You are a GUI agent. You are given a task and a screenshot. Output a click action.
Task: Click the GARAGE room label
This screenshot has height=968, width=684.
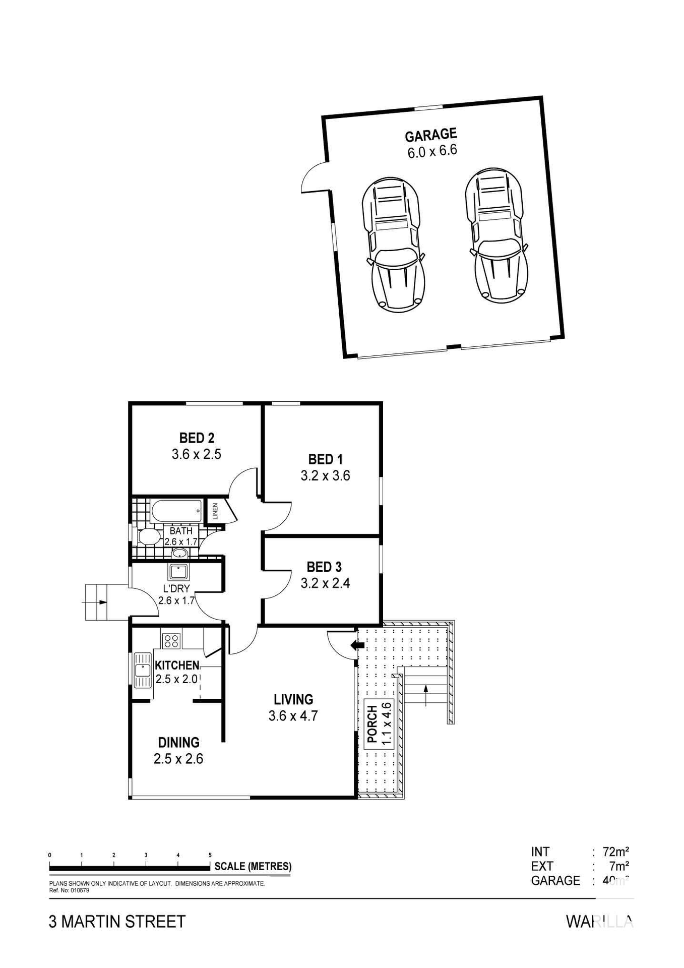[430, 135]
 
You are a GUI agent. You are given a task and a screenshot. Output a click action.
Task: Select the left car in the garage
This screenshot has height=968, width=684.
[394, 245]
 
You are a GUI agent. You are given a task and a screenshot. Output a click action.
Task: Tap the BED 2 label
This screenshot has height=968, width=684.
[197, 438]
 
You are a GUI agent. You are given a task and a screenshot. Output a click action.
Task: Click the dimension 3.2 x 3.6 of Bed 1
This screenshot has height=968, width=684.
[325, 475]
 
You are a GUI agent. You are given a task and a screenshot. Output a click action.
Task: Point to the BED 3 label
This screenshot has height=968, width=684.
[324, 567]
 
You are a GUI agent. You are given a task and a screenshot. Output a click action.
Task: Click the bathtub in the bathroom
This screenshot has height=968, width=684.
[176, 512]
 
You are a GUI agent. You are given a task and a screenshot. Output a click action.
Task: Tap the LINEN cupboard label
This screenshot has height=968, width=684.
[215, 511]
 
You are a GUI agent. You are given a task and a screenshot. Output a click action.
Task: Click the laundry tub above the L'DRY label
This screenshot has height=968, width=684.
[178, 572]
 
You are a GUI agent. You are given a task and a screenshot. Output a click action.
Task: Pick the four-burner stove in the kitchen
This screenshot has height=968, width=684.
[171, 640]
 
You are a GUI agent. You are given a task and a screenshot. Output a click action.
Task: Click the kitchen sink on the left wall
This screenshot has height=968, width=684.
[143, 670]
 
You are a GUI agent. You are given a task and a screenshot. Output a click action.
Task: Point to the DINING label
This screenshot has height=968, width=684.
[178, 742]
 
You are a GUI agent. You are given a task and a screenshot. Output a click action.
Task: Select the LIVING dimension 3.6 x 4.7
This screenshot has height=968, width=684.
[293, 715]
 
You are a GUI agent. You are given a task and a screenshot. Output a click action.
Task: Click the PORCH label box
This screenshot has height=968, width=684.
[379, 724]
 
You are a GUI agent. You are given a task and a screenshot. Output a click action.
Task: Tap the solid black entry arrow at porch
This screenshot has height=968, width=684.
[358, 645]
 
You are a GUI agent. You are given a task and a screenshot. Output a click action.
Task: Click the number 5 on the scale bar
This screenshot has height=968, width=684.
[210, 855]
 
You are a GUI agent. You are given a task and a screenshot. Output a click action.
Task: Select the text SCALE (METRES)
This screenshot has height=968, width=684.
[253, 866]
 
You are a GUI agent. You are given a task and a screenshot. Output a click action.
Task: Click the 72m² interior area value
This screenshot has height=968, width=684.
[615, 852]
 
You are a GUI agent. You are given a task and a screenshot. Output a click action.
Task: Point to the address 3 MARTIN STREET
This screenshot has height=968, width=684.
[117, 922]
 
